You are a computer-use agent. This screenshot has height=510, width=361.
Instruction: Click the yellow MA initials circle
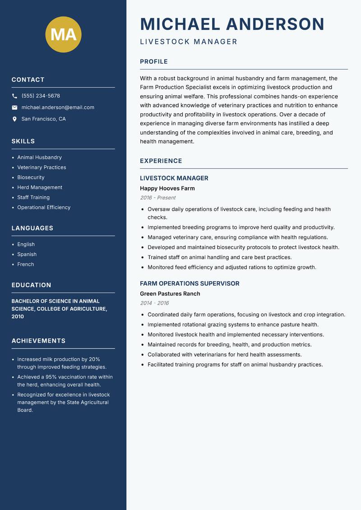(x=63, y=34)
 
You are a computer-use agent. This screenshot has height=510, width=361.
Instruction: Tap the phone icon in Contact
(x=14, y=96)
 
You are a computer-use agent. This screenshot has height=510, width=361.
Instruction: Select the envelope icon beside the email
(x=14, y=107)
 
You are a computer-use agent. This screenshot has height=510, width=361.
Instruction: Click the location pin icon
(x=14, y=119)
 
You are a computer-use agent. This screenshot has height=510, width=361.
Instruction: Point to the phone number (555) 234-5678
(x=41, y=96)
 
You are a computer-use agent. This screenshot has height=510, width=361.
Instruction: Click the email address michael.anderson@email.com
(x=58, y=107)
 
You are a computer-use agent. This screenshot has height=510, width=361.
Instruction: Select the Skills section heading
(x=23, y=141)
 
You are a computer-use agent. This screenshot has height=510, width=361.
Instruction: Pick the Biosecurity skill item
(x=31, y=177)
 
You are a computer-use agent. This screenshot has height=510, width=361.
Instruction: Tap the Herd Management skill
(x=40, y=187)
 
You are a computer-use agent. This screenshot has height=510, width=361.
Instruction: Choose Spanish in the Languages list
(x=27, y=254)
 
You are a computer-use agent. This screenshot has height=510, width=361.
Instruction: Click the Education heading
(x=31, y=285)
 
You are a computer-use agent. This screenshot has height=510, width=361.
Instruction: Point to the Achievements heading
(x=38, y=341)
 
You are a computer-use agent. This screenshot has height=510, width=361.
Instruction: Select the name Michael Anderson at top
(x=232, y=24)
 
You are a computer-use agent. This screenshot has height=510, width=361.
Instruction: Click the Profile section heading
(x=153, y=62)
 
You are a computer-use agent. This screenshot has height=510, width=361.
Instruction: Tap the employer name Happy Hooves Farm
(x=167, y=188)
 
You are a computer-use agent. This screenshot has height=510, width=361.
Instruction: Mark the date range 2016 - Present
(x=157, y=198)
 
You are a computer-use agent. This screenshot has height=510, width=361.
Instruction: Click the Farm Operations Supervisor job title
(x=190, y=283)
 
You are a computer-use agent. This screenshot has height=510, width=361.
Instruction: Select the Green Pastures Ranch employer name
(x=170, y=293)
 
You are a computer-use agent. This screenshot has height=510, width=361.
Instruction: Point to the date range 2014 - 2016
(x=154, y=303)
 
